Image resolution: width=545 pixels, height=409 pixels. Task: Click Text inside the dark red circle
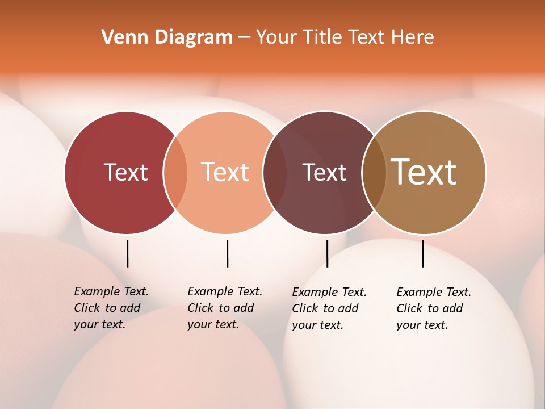coord(125,172)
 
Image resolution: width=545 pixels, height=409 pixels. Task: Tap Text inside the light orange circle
coord(225,172)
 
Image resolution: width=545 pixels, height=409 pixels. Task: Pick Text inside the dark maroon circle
coord(324,172)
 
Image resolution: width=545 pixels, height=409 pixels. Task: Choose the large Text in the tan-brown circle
coord(424,172)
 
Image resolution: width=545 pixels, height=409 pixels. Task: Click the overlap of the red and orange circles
coord(175,172)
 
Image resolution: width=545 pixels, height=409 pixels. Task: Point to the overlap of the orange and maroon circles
coord(275,172)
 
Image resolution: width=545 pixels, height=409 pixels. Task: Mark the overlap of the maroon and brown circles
coord(374,172)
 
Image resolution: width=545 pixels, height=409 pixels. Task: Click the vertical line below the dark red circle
coord(128,253)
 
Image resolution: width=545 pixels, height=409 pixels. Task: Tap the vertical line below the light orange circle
coord(227,253)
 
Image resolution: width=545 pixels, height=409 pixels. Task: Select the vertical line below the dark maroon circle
coord(327,253)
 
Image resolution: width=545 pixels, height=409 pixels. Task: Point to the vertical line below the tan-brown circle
coord(422,253)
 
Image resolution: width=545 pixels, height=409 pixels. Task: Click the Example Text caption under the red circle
coord(111,308)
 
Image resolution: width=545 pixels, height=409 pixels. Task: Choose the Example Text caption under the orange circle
coord(225,308)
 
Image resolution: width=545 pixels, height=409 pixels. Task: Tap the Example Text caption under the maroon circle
coord(329,308)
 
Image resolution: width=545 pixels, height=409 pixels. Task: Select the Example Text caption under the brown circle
coord(434,308)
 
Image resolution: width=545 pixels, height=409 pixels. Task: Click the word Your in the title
coord(277,37)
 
